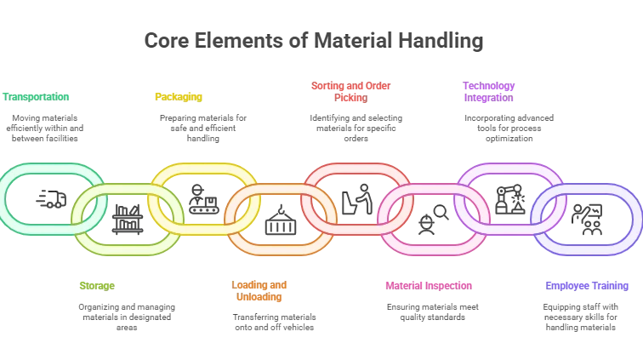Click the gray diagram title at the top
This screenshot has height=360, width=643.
point(312,40)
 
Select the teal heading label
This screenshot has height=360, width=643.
point(36,96)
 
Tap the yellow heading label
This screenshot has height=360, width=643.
point(179,96)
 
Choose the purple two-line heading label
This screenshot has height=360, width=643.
point(489,92)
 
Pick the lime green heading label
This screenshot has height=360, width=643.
point(95,286)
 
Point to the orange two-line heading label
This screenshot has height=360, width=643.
point(259,291)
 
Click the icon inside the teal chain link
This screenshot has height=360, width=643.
point(49,199)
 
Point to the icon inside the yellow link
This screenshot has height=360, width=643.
point(202,199)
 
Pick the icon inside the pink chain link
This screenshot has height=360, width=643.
point(430,221)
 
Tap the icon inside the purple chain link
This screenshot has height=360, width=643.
point(509,199)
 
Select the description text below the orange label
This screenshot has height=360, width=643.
point(275,323)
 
